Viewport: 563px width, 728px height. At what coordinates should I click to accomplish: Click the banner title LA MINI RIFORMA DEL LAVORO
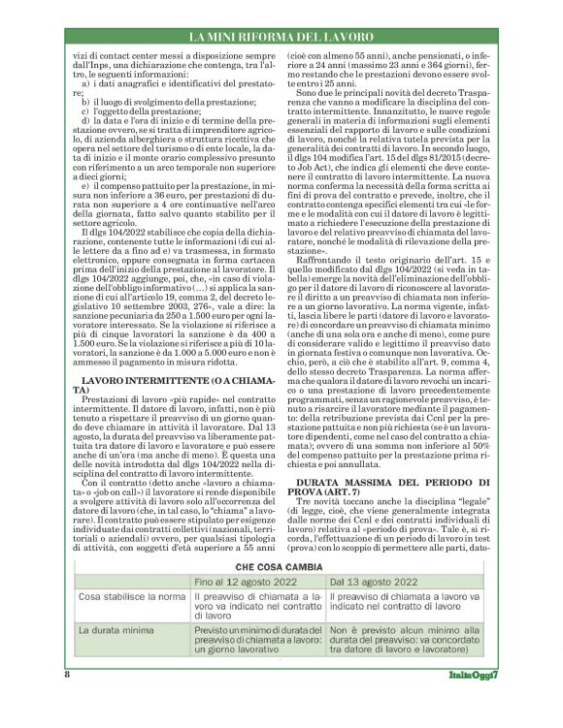point(281,38)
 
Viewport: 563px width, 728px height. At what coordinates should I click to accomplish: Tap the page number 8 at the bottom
point(66,702)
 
